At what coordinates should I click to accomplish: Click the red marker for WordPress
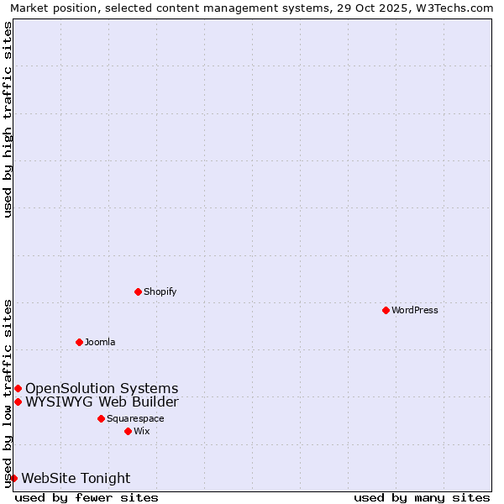pyautogui.click(x=386, y=310)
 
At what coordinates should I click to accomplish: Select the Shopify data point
pyautogui.click(x=138, y=291)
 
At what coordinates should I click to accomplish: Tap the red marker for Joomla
pyautogui.click(x=79, y=342)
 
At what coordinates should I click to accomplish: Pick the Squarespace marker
pyautogui.click(x=101, y=418)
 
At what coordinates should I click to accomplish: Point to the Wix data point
pyautogui.click(x=128, y=431)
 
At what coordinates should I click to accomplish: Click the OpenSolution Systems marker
pyautogui.click(x=18, y=388)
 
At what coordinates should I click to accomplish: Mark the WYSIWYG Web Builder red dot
pyautogui.click(x=18, y=402)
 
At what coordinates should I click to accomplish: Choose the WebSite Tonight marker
pyautogui.click(x=13, y=478)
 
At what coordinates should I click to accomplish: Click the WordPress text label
pyautogui.click(x=415, y=310)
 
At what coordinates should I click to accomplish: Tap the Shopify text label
pyautogui.click(x=160, y=291)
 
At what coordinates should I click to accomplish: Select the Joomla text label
pyautogui.click(x=100, y=342)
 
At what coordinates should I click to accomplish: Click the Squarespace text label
pyautogui.click(x=135, y=418)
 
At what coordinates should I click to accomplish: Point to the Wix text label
pyautogui.click(x=142, y=431)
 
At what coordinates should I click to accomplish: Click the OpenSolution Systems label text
pyautogui.click(x=102, y=388)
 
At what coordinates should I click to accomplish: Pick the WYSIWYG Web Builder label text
pyautogui.click(x=102, y=402)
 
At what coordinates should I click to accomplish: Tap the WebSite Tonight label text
pyautogui.click(x=76, y=479)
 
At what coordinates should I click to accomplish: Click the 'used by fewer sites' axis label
pyautogui.click(x=87, y=497)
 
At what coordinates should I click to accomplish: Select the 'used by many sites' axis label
pyautogui.click(x=422, y=497)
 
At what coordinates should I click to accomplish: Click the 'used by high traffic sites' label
pyautogui.click(x=8, y=119)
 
